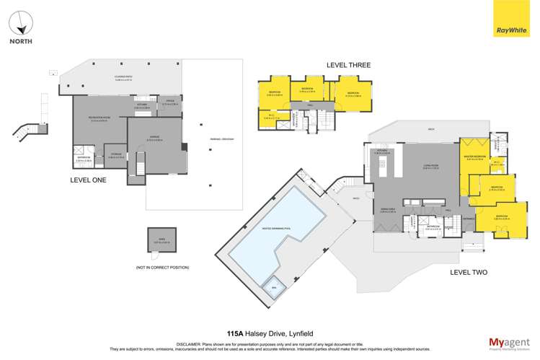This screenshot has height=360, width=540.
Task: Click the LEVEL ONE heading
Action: click(88, 180)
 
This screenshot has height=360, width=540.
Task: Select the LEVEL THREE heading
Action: click(348, 65)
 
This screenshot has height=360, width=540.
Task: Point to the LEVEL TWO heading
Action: click(469, 272)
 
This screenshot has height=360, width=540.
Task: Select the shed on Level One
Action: click(157, 240)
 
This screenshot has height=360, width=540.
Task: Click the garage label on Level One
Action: click(154, 139)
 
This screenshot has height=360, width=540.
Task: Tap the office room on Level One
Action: click(170, 103)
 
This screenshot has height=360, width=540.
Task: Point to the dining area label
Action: click(389, 211)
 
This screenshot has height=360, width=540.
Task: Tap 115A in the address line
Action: click(235, 334)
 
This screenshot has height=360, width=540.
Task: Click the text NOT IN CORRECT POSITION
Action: click(162, 268)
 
